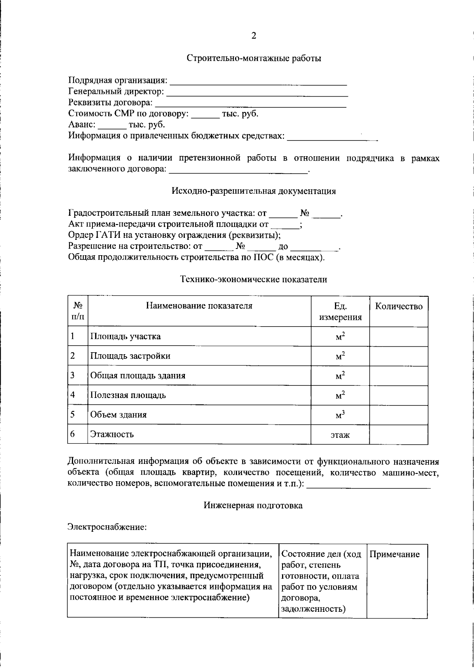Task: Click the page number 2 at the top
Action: tap(254, 36)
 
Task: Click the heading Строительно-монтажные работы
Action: tap(254, 58)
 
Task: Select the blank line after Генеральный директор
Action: tap(257, 93)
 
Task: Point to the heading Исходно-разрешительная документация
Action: tap(254, 191)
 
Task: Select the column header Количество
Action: tap(399, 306)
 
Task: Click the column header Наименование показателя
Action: tap(199, 306)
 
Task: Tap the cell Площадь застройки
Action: tap(130, 356)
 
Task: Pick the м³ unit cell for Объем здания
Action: tap(340, 415)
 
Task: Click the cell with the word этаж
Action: tap(340, 435)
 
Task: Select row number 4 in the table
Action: tap(73, 394)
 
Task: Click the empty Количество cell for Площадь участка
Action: tap(399, 336)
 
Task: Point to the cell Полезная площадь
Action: tap(128, 395)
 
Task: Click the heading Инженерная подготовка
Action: tap(253, 505)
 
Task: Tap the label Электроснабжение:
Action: tap(107, 527)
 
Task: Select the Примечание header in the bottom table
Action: tap(395, 554)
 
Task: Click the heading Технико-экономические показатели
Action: tap(254, 280)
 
